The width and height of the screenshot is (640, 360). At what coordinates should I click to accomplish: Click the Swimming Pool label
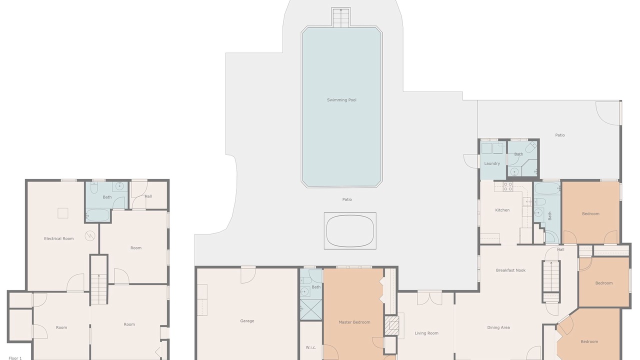pyautogui.click(x=341, y=100)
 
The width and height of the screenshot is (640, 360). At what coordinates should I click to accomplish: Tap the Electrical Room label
pyautogui.click(x=59, y=238)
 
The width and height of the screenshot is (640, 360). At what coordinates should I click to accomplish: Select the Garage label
pyautogui.click(x=247, y=321)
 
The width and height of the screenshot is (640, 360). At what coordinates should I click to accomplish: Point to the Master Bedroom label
pyautogui.click(x=354, y=322)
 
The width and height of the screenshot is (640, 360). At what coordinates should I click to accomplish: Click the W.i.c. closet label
pyautogui.click(x=311, y=347)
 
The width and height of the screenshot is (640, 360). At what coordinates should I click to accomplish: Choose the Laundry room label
pyautogui.click(x=492, y=163)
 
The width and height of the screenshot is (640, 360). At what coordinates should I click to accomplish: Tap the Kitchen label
pyautogui.click(x=502, y=210)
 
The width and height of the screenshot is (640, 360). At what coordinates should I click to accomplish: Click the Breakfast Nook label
pyautogui.click(x=511, y=270)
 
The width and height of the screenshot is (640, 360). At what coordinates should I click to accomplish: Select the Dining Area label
pyautogui.click(x=498, y=327)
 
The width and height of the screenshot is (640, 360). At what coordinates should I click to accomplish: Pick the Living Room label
pyautogui.click(x=426, y=333)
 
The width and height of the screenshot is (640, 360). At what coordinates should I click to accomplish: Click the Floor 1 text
pyautogui.click(x=15, y=358)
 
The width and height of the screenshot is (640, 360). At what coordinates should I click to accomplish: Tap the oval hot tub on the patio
pyautogui.click(x=350, y=231)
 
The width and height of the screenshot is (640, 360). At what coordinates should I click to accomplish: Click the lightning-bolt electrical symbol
pyautogui.click(x=89, y=235)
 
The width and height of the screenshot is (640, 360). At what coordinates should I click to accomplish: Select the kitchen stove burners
pyautogui.click(x=508, y=186)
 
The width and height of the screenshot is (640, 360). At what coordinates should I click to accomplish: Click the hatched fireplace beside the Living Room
pyautogui.click(x=391, y=325)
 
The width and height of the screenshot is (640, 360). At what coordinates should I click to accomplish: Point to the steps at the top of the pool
pyautogui.click(x=341, y=17)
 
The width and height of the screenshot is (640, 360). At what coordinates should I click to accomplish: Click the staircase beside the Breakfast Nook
pyautogui.click(x=551, y=281)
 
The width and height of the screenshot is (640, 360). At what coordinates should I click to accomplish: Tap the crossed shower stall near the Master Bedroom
pyautogui.click(x=311, y=309)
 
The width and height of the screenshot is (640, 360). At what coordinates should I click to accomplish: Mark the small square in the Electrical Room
pyautogui.click(x=63, y=213)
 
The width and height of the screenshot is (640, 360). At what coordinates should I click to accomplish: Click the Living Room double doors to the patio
pyautogui.click(x=429, y=297)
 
